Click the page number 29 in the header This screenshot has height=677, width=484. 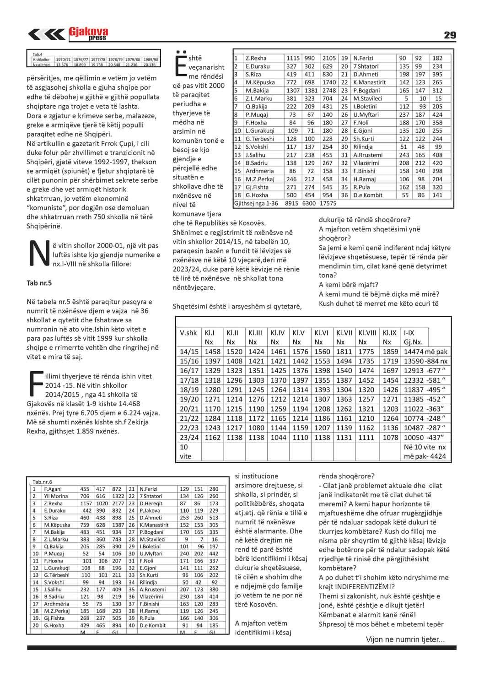[x=450, y=35]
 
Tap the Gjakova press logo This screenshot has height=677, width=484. [x=88, y=33]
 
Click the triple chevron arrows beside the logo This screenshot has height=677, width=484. [x=47, y=34]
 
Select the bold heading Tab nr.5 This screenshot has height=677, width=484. [x=39, y=283]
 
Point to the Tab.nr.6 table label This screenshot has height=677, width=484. [x=43, y=482]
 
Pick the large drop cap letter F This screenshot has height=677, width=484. [x=36, y=383]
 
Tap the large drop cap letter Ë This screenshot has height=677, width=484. [x=180, y=63]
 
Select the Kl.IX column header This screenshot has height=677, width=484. [x=389, y=333]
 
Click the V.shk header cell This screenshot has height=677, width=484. [x=188, y=333]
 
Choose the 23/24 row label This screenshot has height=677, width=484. [x=189, y=437]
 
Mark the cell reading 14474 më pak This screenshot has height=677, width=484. [x=425, y=352]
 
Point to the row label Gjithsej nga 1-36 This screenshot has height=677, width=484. [x=256, y=203]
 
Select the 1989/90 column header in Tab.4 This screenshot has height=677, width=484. [x=151, y=60]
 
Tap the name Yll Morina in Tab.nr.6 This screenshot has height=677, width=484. [x=56, y=496]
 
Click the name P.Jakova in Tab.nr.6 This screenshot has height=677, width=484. [x=150, y=510]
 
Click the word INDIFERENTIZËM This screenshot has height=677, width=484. [x=362, y=587]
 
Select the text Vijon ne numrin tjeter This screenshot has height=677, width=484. [x=404, y=639]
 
